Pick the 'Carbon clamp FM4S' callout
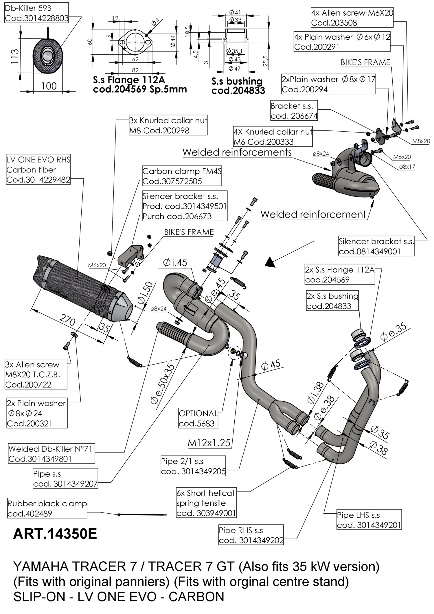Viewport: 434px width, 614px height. tap(182, 176)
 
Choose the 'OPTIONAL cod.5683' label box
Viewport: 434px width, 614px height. tap(198, 418)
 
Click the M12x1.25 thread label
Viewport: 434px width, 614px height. tap(209, 443)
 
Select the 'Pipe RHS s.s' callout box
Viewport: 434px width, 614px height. tap(251, 535)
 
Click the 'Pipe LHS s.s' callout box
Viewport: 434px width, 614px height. tap(369, 520)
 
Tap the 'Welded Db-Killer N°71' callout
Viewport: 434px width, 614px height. tap(51, 454)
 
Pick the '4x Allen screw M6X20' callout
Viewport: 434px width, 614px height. tap(352, 18)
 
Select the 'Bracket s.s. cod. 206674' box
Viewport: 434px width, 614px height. tap(294, 111)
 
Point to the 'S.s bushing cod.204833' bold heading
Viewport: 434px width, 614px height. tap(238, 86)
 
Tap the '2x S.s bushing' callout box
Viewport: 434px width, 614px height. tap(332, 301)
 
